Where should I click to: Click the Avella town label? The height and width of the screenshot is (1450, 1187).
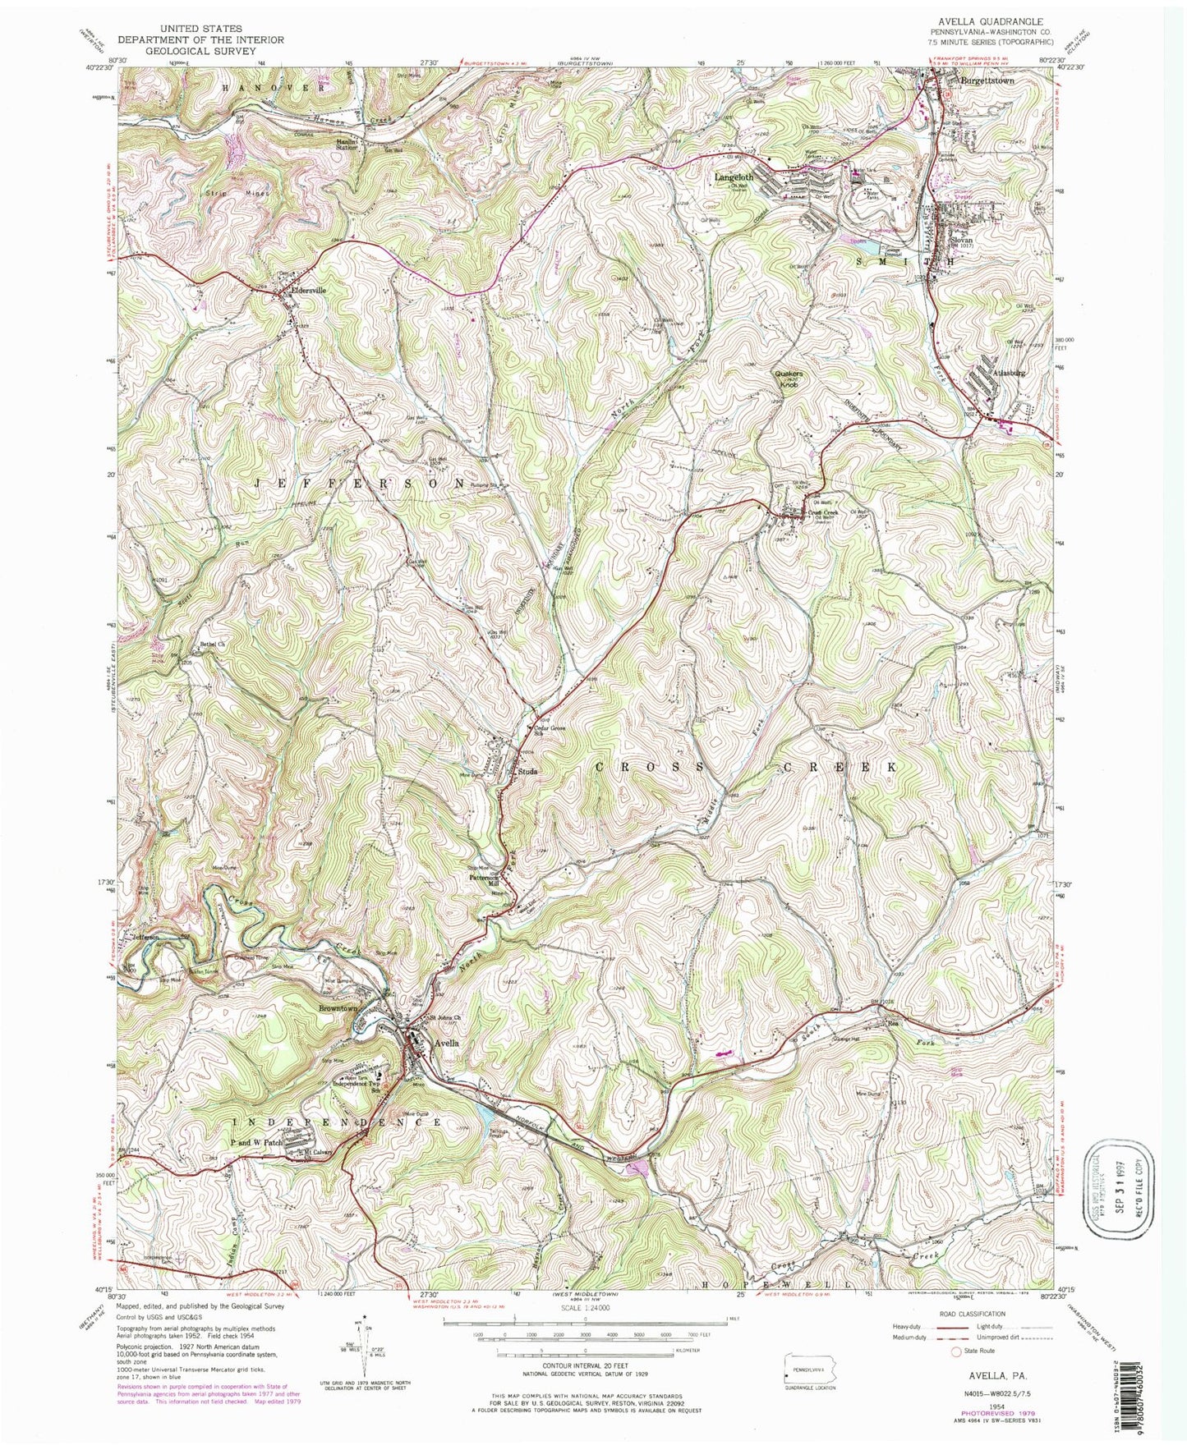[x=444, y=1043]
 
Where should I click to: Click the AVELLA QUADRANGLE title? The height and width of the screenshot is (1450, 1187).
[x=992, y=21]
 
